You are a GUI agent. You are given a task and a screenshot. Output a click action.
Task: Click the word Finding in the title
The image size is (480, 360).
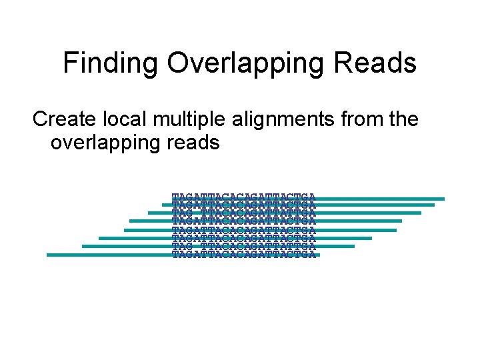click(x=111, y=64)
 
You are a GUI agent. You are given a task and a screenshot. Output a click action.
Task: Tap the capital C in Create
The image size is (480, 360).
click(x=41, y=119)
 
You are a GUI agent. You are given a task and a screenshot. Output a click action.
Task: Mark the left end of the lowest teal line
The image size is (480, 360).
click(x=48, y=255)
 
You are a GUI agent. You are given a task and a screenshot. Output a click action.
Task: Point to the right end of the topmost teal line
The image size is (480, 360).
click(x=443, y=198)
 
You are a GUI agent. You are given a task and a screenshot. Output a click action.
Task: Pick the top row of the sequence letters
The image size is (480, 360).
click(x=243, y=196)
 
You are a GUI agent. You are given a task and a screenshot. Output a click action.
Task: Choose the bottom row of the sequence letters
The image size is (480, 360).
click(x=243, y=253)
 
